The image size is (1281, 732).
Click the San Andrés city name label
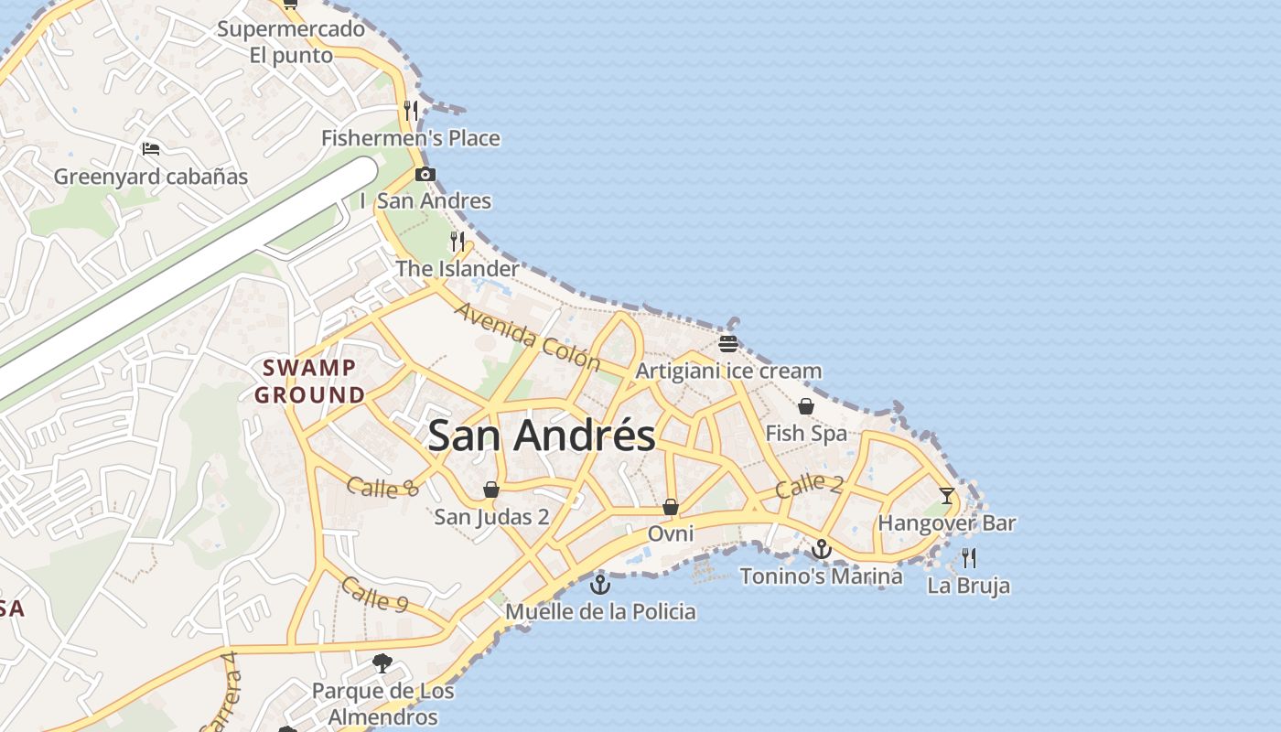click(542, 436)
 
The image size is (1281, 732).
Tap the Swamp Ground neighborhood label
click(309, 382)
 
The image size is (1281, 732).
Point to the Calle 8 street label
click(382, 487)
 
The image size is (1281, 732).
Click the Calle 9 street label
click(375, 594)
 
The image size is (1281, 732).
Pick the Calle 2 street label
click(809, 486)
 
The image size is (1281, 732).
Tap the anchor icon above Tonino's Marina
click(822, 549)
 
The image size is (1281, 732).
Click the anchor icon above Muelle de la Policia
click(600, 584)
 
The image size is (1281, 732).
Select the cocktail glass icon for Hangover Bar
click(947, 496)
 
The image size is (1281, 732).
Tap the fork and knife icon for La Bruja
click(969, 557)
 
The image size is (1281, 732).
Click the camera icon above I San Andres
click(425, 174)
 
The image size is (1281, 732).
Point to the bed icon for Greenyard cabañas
click(151, 148)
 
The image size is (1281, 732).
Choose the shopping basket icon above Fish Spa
click(806, 406)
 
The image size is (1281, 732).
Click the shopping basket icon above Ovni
click(671, 507)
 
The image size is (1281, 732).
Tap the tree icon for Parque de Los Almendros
click(382, 662)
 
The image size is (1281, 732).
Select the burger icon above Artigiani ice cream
click(728, 344)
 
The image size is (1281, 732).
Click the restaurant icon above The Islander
click(457, 242)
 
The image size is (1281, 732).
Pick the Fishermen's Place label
click(411, 138)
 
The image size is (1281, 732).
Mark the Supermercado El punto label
click(291, 42)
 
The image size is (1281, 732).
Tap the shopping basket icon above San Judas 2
click(491, 490)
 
